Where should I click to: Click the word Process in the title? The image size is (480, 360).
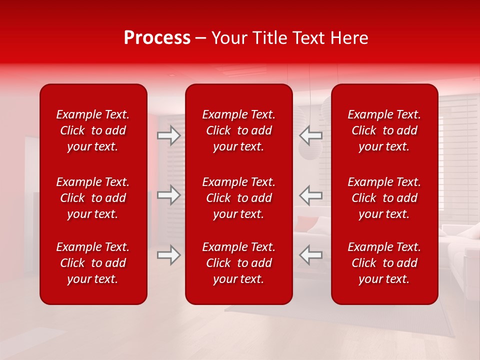157,38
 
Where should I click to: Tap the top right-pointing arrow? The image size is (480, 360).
168,135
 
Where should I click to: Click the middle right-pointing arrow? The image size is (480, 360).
168,195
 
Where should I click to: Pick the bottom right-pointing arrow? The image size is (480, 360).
168,255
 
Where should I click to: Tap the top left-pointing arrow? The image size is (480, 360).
310,135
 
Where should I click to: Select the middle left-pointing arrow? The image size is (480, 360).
310,195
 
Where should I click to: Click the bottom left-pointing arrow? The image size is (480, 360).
310,255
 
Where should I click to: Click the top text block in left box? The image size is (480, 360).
93,130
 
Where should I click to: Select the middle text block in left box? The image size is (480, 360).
93,198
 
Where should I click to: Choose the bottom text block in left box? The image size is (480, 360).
93,263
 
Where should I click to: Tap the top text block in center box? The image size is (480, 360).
239,130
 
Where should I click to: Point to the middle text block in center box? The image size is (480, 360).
239,198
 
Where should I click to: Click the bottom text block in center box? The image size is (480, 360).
239,263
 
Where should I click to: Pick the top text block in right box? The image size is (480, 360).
384,130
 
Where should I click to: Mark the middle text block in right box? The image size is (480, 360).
384,198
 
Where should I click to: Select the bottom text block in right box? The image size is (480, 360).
384,263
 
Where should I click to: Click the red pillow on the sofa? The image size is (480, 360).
306,223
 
